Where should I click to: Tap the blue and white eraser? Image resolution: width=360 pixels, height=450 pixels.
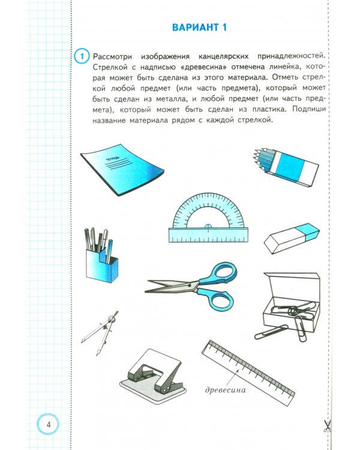(292, 239)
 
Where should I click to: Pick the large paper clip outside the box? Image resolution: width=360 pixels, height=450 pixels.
(273, 331)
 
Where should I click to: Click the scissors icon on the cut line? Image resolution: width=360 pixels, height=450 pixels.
(328, 426)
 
